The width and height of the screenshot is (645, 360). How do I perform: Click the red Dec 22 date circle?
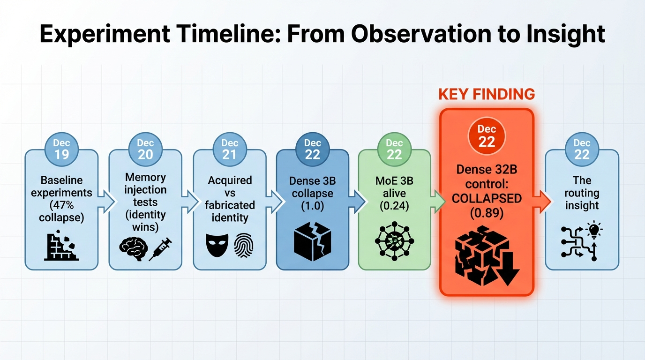coord(487,136)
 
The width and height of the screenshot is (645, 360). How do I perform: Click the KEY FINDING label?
coord(487,94)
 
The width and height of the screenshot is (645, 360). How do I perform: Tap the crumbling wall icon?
coord(61,245)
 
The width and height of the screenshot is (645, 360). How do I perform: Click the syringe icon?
coord(160,248)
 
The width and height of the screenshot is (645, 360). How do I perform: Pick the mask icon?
coord(217,245)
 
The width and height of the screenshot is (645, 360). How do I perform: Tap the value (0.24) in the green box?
coord(394,206)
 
